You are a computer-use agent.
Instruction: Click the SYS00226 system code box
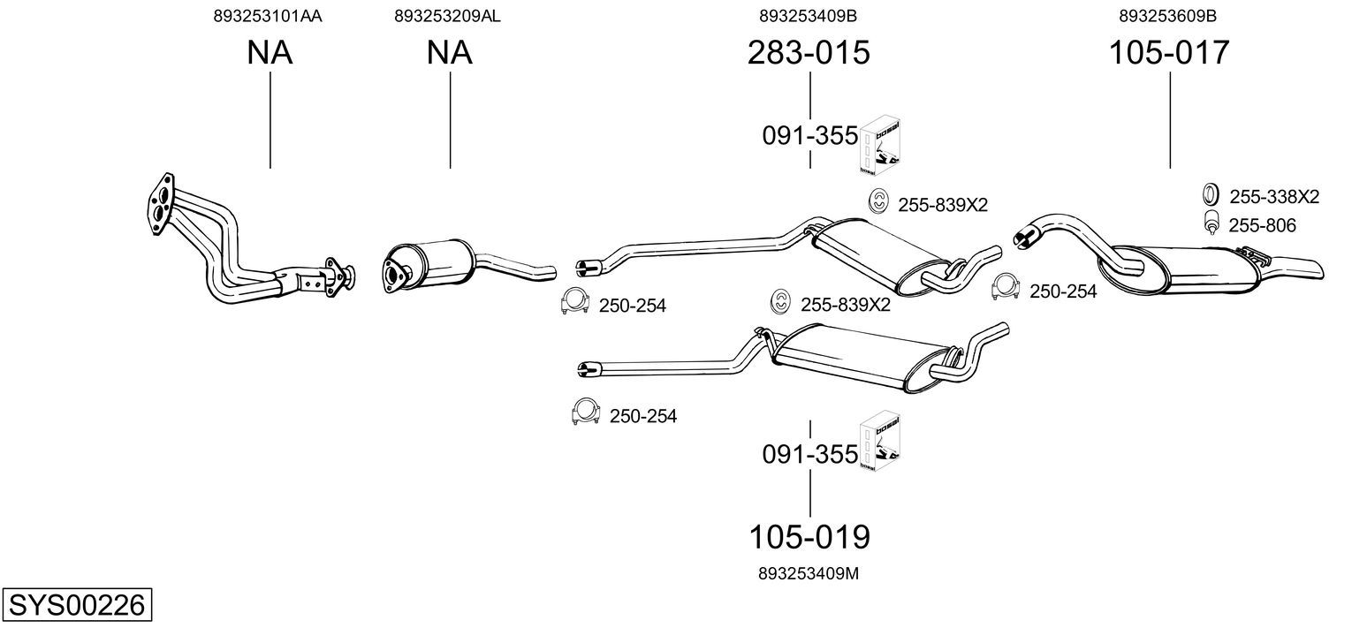(x=77, y=604)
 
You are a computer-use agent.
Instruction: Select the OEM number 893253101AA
(x=268, y=16)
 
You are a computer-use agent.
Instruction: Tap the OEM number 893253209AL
(x=447, y=16)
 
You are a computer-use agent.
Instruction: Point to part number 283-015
(x=809, y=52)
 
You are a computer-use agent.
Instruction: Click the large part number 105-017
(x=1169, y=52)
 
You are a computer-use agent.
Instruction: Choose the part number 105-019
(x=809, y=536)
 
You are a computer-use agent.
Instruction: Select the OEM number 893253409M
(x=809, y=573)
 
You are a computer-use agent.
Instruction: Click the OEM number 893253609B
(x=1168, y=16)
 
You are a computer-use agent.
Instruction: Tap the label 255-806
(x=1262, y=225)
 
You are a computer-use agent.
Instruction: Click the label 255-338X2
(x=1274, y=197)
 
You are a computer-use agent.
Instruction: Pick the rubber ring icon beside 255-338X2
(x=1210, y=194)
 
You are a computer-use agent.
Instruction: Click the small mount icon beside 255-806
(x=1211, y=223)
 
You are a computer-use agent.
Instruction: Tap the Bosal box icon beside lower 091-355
(x=879, y=441)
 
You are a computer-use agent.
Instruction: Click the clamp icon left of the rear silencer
(x=1005, y=286)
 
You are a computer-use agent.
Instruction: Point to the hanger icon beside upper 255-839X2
(x=878, y=201)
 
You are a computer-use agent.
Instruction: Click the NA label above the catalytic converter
(x=449, y=52)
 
